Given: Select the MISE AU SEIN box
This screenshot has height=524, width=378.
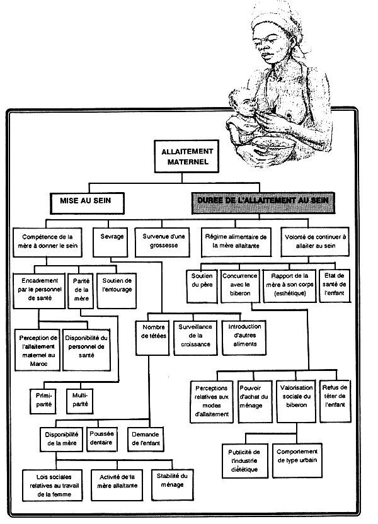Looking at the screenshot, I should (87, 202).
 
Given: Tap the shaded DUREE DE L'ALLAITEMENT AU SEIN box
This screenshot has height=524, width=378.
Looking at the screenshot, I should (264, 202).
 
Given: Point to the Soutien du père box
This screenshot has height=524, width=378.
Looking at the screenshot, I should (202, 284).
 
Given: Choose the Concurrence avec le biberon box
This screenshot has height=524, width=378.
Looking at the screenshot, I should (240, 284).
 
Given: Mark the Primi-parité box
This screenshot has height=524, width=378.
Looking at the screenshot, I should (43, 398).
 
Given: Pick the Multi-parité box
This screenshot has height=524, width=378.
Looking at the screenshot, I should (80, 398).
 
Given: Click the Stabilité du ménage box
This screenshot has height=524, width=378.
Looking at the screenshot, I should (172, 481).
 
